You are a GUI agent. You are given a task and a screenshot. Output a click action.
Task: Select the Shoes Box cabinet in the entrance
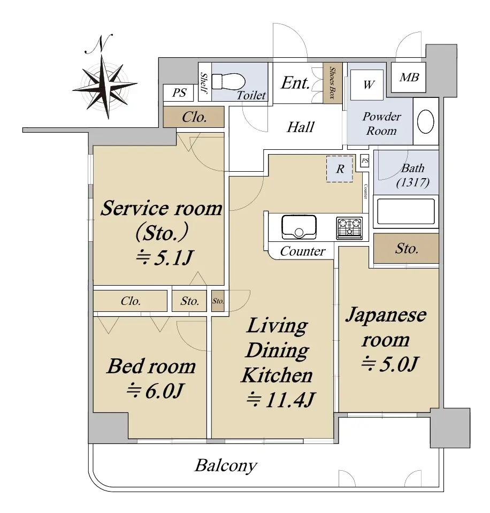pos(332,83)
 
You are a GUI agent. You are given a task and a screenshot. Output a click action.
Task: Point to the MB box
pos(409,78)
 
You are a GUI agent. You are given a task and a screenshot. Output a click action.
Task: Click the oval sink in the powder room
pos(426,122)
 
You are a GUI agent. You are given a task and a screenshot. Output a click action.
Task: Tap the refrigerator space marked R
pos(340,169)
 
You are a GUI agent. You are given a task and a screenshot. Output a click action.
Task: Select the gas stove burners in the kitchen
pos(349,228)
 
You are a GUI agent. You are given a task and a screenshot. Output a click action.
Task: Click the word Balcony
pos(225,465)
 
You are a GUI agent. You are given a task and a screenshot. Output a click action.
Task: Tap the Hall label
pos(300,127)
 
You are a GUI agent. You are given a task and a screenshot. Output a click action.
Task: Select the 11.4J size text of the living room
pos(279,399)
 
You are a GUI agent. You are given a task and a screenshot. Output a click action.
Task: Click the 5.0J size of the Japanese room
pos(389,364)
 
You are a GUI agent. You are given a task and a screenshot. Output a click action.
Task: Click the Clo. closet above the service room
pos(194,118)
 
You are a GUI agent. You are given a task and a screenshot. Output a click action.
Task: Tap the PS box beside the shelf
pos(179,93)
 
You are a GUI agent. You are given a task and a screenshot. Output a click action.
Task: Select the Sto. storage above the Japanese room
pos(406,249)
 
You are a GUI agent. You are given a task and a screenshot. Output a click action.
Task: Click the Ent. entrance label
pos(295,83)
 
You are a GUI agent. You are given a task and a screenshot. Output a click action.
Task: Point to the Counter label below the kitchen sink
pos(302,251)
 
